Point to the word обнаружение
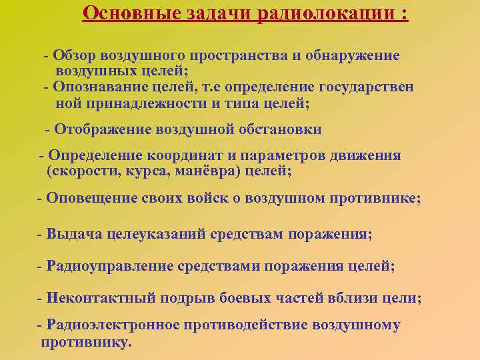point(353,55)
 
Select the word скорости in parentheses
point(79,171)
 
